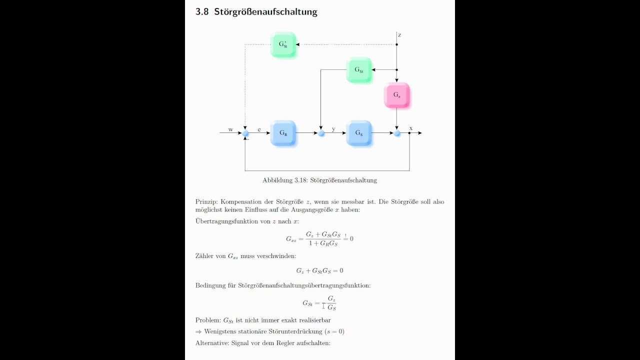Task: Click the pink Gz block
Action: click(396, 95)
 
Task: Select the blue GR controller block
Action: click(283, 133)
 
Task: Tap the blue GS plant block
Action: click(359, 133)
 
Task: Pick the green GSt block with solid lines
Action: click(359, 69)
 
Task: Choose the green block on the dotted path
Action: click(283, 44)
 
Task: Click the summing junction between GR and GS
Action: click(321, 133)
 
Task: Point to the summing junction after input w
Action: click(245, 133)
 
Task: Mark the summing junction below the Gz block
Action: click(397, 133)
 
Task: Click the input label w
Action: click(230, 129)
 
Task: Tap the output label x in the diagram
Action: click(411, 128)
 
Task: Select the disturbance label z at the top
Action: click(399, 35)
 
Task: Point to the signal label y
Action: click(333, 129)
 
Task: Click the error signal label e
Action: click(259, 129)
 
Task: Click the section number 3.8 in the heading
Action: click(202, 11)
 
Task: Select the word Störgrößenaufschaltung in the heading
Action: click(265, 12)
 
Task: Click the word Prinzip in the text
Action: click(206, 201)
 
